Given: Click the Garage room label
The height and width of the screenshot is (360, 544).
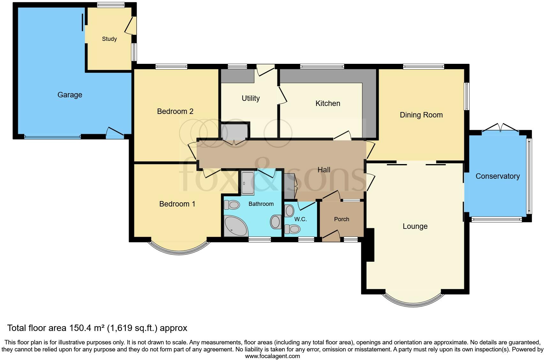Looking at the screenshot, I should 70,95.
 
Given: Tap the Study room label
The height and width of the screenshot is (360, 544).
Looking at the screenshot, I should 109,39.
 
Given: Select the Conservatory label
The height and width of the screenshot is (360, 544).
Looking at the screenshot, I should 497,176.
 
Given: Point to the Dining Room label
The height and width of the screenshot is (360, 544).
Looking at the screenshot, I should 421,115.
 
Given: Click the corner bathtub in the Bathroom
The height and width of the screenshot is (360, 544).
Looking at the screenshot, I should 235,226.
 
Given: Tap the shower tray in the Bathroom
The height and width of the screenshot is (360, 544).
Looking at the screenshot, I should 247,183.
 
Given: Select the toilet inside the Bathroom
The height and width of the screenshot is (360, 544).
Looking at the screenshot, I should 232,205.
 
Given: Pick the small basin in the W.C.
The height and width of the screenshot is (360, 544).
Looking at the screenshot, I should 289,211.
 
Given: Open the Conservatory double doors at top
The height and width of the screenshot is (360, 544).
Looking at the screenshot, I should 500,129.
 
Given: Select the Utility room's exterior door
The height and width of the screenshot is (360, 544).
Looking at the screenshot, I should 266,69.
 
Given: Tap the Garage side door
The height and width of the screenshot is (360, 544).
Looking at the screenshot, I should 115,133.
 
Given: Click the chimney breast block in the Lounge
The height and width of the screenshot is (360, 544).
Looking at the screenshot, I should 370,245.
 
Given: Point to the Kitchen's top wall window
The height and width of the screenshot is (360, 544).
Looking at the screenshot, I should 322,66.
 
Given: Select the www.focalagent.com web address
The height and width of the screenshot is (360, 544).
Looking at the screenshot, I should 272,356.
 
